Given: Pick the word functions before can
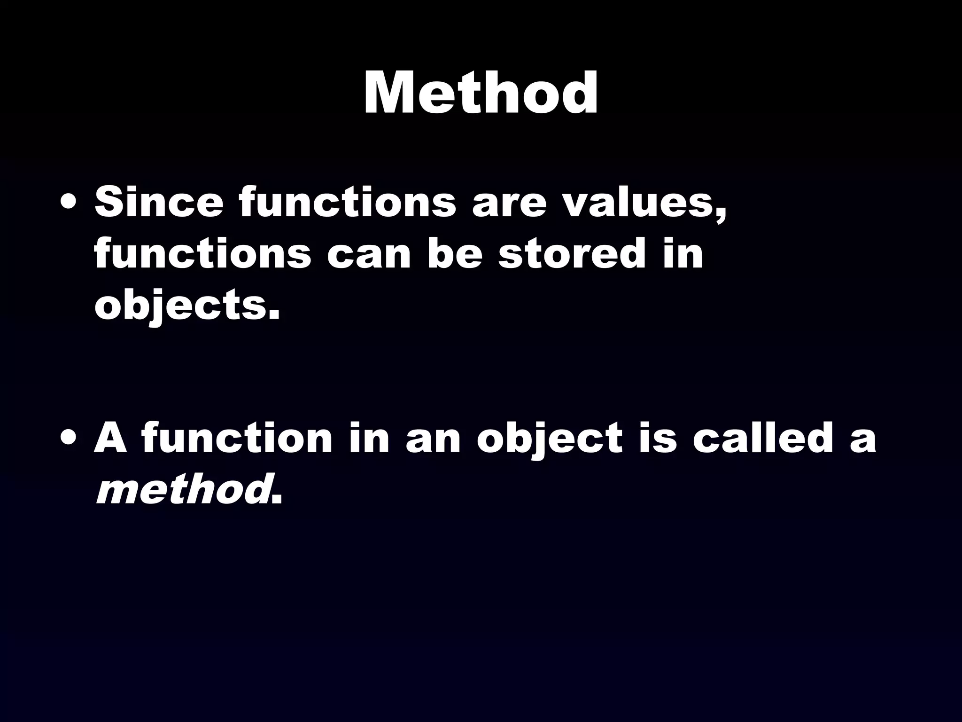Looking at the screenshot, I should [x=202, y=254].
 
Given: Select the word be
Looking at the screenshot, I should [x=455, y=254].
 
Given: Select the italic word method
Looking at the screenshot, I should [x=181, y=490].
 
